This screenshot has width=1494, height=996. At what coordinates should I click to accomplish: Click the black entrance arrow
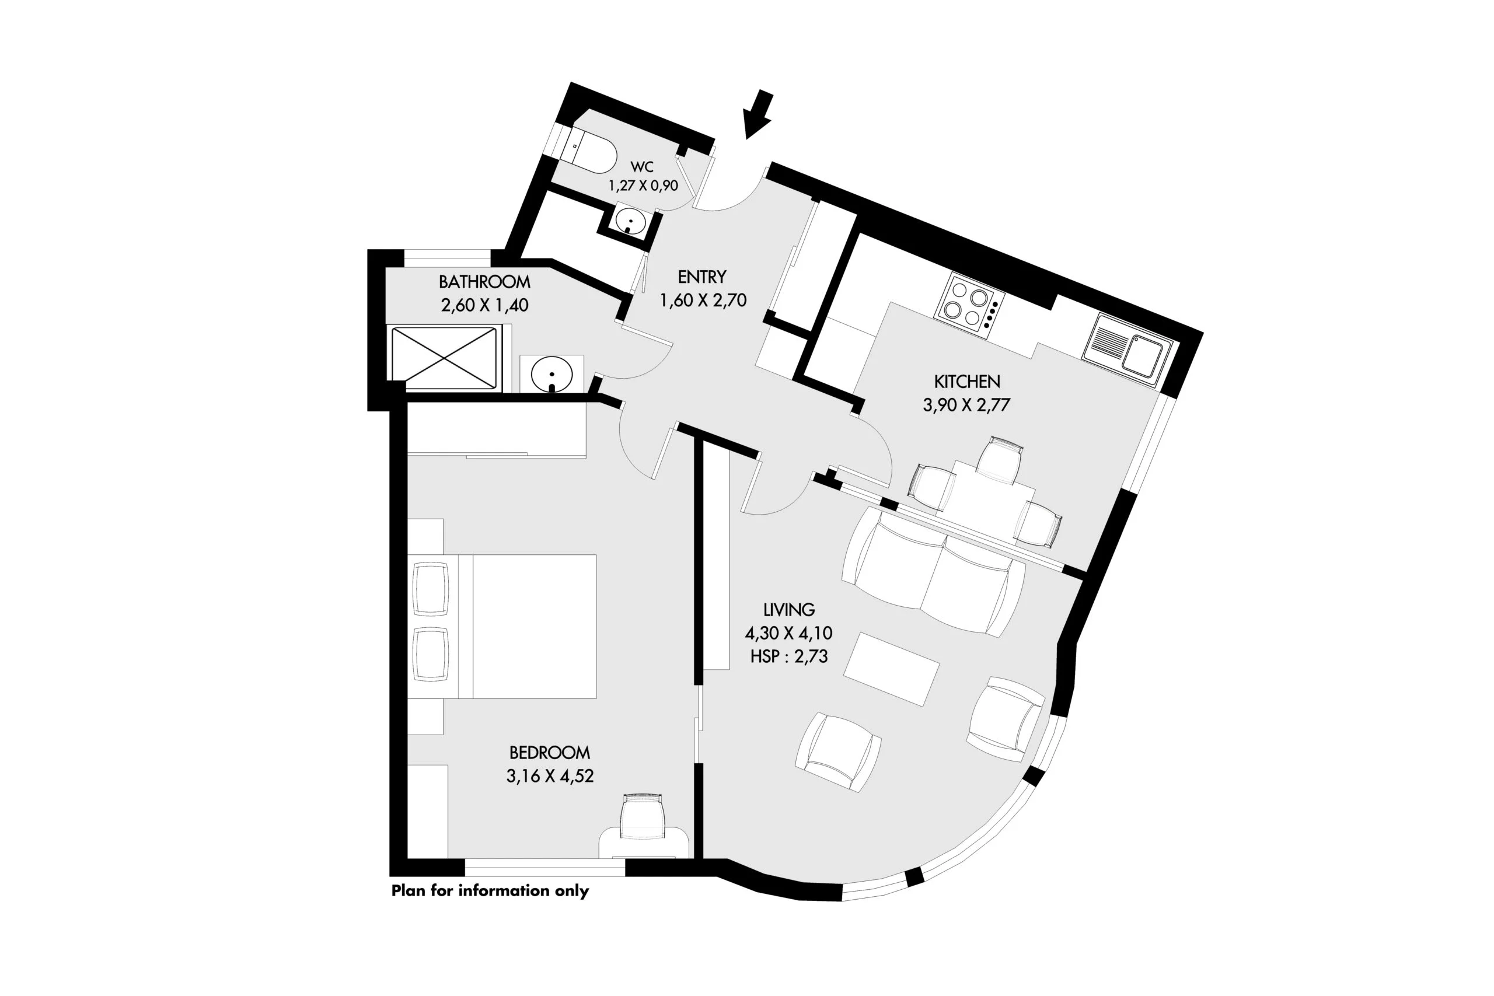759,115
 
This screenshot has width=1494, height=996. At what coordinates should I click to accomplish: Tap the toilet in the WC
589,150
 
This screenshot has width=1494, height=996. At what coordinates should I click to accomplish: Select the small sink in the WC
631,222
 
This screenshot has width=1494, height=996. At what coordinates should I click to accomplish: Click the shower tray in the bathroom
444,358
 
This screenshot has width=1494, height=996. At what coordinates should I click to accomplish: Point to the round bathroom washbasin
551,374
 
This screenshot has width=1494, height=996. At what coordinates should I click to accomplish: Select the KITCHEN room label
967,381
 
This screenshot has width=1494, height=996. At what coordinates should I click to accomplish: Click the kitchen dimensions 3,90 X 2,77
966,404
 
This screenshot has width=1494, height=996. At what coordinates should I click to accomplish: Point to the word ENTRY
702,277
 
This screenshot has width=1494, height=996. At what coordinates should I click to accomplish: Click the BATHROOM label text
484,281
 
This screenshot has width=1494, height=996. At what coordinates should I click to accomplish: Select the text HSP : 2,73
789,656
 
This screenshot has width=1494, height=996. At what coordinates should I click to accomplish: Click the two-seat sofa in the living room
933,572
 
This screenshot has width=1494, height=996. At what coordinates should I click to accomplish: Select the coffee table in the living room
892,669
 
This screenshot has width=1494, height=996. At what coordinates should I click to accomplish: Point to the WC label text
641,166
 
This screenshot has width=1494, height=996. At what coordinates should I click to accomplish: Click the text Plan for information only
490,890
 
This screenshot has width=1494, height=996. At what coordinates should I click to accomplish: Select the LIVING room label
789,610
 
